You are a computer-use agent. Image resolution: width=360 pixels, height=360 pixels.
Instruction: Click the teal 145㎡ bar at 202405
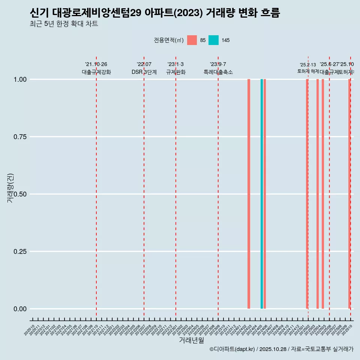pyautogui.click(x=262, y=194)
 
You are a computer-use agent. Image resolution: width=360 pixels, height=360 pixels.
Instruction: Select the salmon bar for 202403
pyautogui.click(x=249, y=194)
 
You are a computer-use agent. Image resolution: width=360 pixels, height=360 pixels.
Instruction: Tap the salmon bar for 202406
pyautogui.click(x=265, y=194)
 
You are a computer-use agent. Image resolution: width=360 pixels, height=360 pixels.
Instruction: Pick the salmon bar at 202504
pyautogui.click(x=318, y=194)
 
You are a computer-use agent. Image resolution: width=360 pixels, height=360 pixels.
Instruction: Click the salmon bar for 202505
pyautogui.click(x=323, y=194)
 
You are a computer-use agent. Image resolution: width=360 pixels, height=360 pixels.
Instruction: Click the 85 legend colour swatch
pyautogui.click(x=192, y=40)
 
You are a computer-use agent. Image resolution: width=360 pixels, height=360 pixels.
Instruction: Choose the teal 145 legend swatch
pyautogui.click(x=213, y=40)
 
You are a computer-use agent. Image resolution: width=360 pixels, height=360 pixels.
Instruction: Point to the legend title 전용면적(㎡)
pyautogui.click(x=168, y=40)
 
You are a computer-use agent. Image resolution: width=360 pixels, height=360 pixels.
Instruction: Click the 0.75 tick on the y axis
pyautogui.click(x=19, y=137)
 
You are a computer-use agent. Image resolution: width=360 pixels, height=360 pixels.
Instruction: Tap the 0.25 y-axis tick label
pyautogui.click(x=19, y=252)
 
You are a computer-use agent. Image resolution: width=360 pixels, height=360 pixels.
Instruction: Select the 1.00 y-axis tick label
pyautogui.click(x=19, y=79)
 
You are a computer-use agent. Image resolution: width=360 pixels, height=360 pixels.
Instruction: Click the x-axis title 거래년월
pyautogui.click(x=192, y=340)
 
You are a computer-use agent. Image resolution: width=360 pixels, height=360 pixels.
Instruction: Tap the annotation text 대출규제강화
pyautogui.click(x=96, y=72)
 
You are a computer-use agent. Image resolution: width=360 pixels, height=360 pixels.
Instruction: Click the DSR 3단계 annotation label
pyautogui.click(x=144, y=72)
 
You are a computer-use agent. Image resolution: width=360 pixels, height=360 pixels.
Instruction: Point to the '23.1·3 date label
pyautogui.click(x=175, y=64)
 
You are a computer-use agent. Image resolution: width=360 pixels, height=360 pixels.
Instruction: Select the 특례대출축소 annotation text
pyautogui.click(x=218, y=72)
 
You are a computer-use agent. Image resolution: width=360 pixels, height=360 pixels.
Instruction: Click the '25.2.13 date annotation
pyautogui.click(x=308, y=65)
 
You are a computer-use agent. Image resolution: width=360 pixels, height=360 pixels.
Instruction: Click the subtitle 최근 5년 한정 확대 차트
pyautogui.click(x=64, y=24)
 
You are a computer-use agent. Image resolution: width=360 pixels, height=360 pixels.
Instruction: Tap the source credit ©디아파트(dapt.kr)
pyautogui.click(x=232, y=349)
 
